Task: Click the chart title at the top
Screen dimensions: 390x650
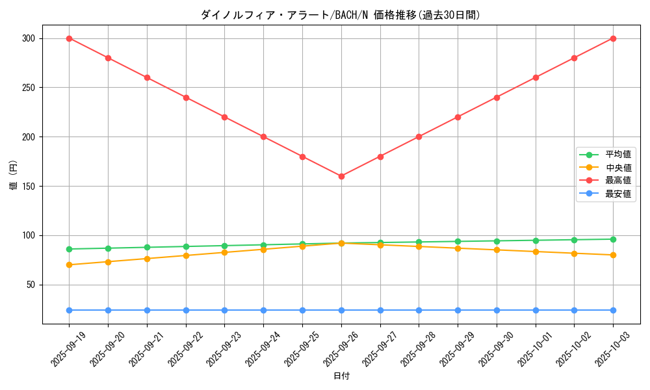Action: (341, 15)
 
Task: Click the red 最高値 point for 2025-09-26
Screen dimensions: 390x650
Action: (341, 176)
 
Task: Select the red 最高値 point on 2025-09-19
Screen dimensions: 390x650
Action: (69, 38)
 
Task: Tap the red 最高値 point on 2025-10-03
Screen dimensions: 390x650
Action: (613, 38)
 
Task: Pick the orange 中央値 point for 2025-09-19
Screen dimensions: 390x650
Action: (69, 265)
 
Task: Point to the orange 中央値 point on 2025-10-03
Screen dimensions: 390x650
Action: (613, 255)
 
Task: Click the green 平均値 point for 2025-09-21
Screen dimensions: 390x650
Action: (147, 247)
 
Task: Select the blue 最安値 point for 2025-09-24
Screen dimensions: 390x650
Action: (263, 310)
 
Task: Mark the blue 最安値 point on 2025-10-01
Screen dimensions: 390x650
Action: (536, 310)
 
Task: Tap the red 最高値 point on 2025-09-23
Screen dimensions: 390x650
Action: (224, 117)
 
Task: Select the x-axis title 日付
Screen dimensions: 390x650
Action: (341, 376)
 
